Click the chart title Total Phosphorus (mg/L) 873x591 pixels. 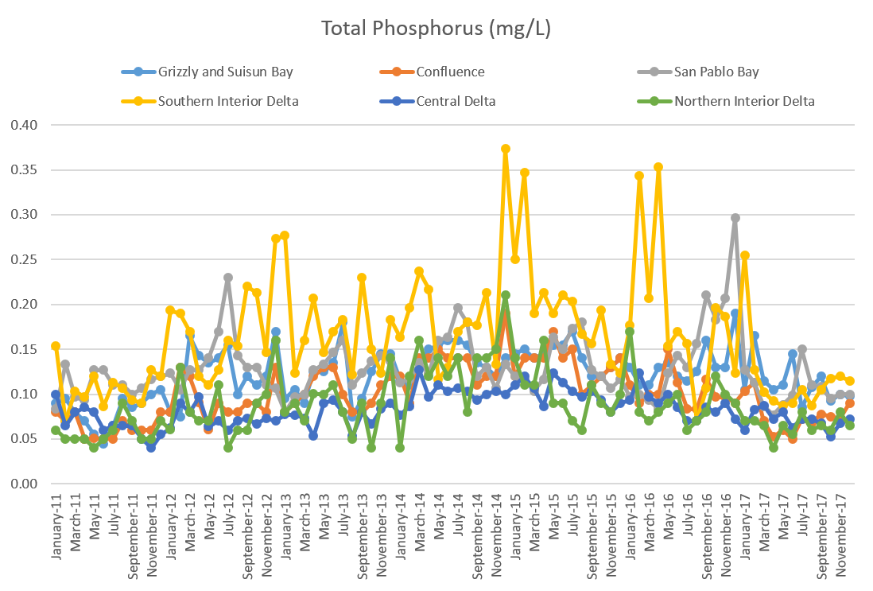[x=436, y=29]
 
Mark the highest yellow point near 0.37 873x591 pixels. [x=506, y=149]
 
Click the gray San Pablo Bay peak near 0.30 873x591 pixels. [x=735, y=218]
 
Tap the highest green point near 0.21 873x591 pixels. [x=506, y=296]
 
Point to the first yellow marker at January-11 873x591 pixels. [x=56, y=346]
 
